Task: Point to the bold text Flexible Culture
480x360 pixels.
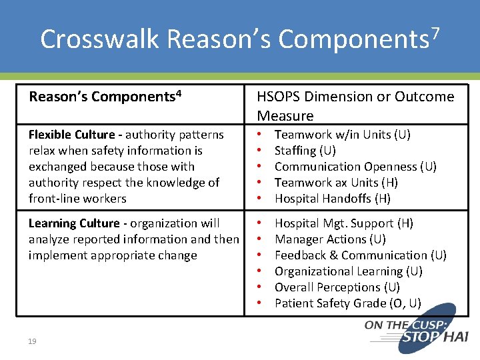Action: tap(75, 135)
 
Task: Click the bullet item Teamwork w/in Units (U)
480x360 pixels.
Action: tap(342, 135)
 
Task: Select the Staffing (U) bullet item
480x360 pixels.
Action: tap(305, 151)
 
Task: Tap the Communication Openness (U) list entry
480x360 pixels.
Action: tap(355, 167)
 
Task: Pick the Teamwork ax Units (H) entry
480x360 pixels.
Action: tap(336, 183)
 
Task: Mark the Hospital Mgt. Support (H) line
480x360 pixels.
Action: tap(343, 223)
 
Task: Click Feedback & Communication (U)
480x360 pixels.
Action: tap(360, 255)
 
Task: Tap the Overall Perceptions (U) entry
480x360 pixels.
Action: tap(337, 287)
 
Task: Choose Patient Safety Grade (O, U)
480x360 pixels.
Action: tap(347, 303)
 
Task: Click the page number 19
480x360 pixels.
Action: tap(32, 342)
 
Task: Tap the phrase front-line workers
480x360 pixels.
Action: tap(77, 199)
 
